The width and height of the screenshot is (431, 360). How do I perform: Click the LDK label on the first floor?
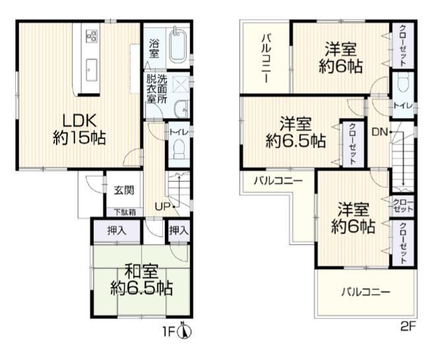79,121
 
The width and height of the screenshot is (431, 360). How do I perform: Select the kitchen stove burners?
92,36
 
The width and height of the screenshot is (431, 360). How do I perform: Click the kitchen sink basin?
92,70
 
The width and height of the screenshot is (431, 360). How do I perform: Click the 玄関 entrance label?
124,190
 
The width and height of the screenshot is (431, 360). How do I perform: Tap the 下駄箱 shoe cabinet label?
125,212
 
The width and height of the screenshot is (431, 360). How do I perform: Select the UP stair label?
163,206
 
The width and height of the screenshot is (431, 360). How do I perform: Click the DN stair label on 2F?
380,133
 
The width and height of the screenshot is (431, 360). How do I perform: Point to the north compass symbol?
185,332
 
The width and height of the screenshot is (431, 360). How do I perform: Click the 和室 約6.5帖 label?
141,280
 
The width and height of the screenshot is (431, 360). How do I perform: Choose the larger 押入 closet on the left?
117,231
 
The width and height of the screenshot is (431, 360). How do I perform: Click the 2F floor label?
408,326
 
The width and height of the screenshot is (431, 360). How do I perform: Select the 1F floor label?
170,332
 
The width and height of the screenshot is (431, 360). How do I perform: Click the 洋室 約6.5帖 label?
296,133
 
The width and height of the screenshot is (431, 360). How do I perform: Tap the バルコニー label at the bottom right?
366,291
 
